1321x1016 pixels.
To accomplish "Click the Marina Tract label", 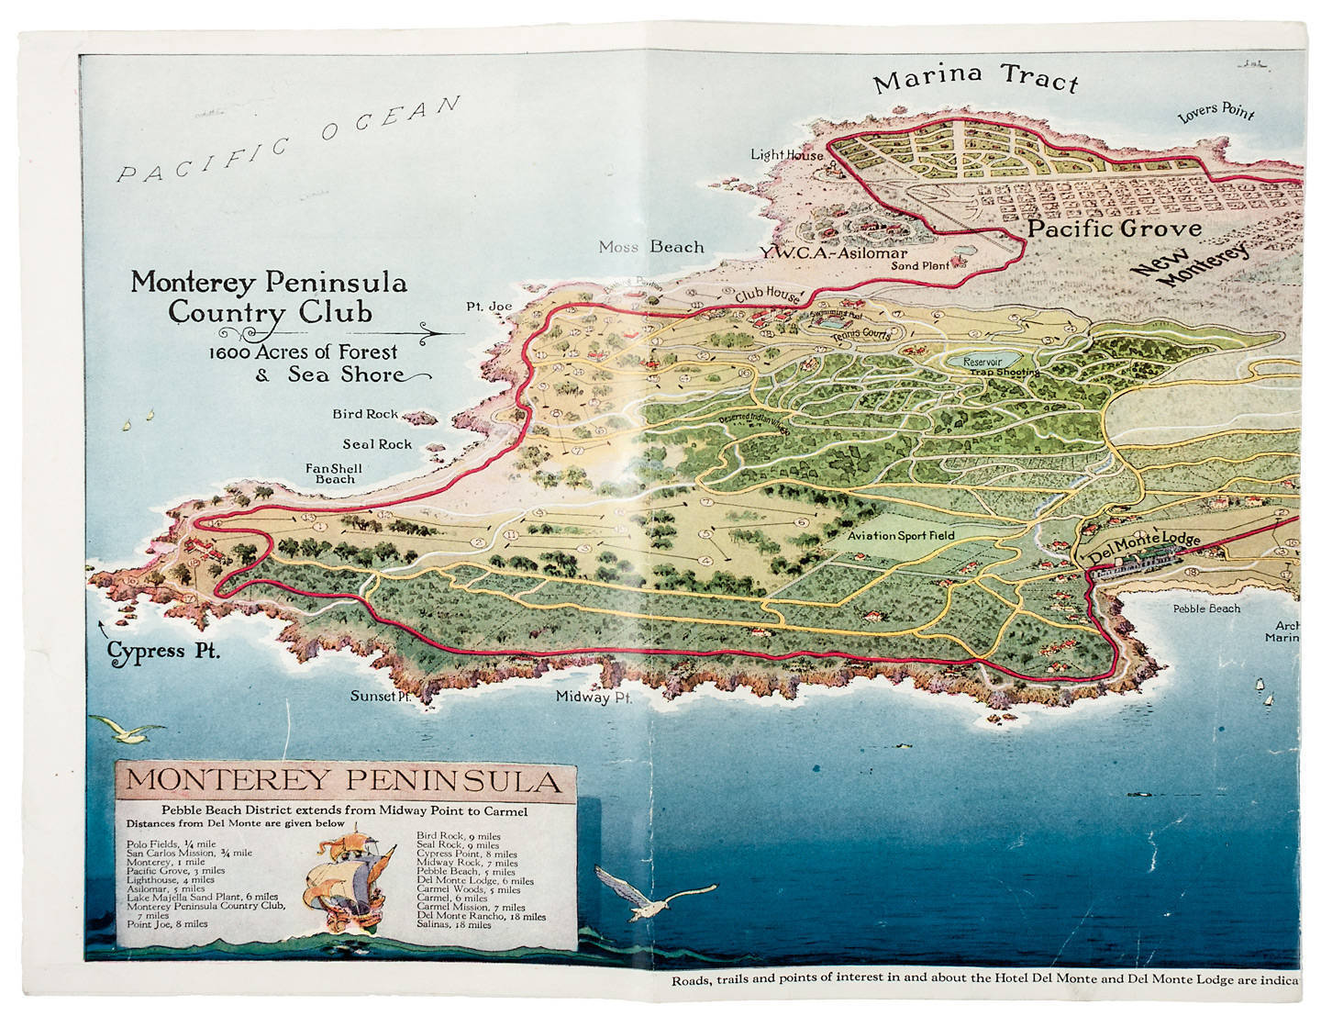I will [975, 79].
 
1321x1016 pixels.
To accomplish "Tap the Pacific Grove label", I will [1114, 229].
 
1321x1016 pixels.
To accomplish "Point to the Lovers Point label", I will [1216, 112].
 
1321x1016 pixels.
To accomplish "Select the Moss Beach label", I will [651, 247].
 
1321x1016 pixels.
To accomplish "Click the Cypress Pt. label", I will [164, 652].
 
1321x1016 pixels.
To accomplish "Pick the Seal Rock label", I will [377, 444].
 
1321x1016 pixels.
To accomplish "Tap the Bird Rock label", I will [365, 414].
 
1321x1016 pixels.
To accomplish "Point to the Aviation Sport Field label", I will [900, 535].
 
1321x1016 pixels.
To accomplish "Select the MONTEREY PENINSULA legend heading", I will [342, 781].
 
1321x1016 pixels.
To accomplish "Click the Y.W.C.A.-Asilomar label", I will [832, 253].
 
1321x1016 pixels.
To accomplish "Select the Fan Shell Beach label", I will [334, 474].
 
